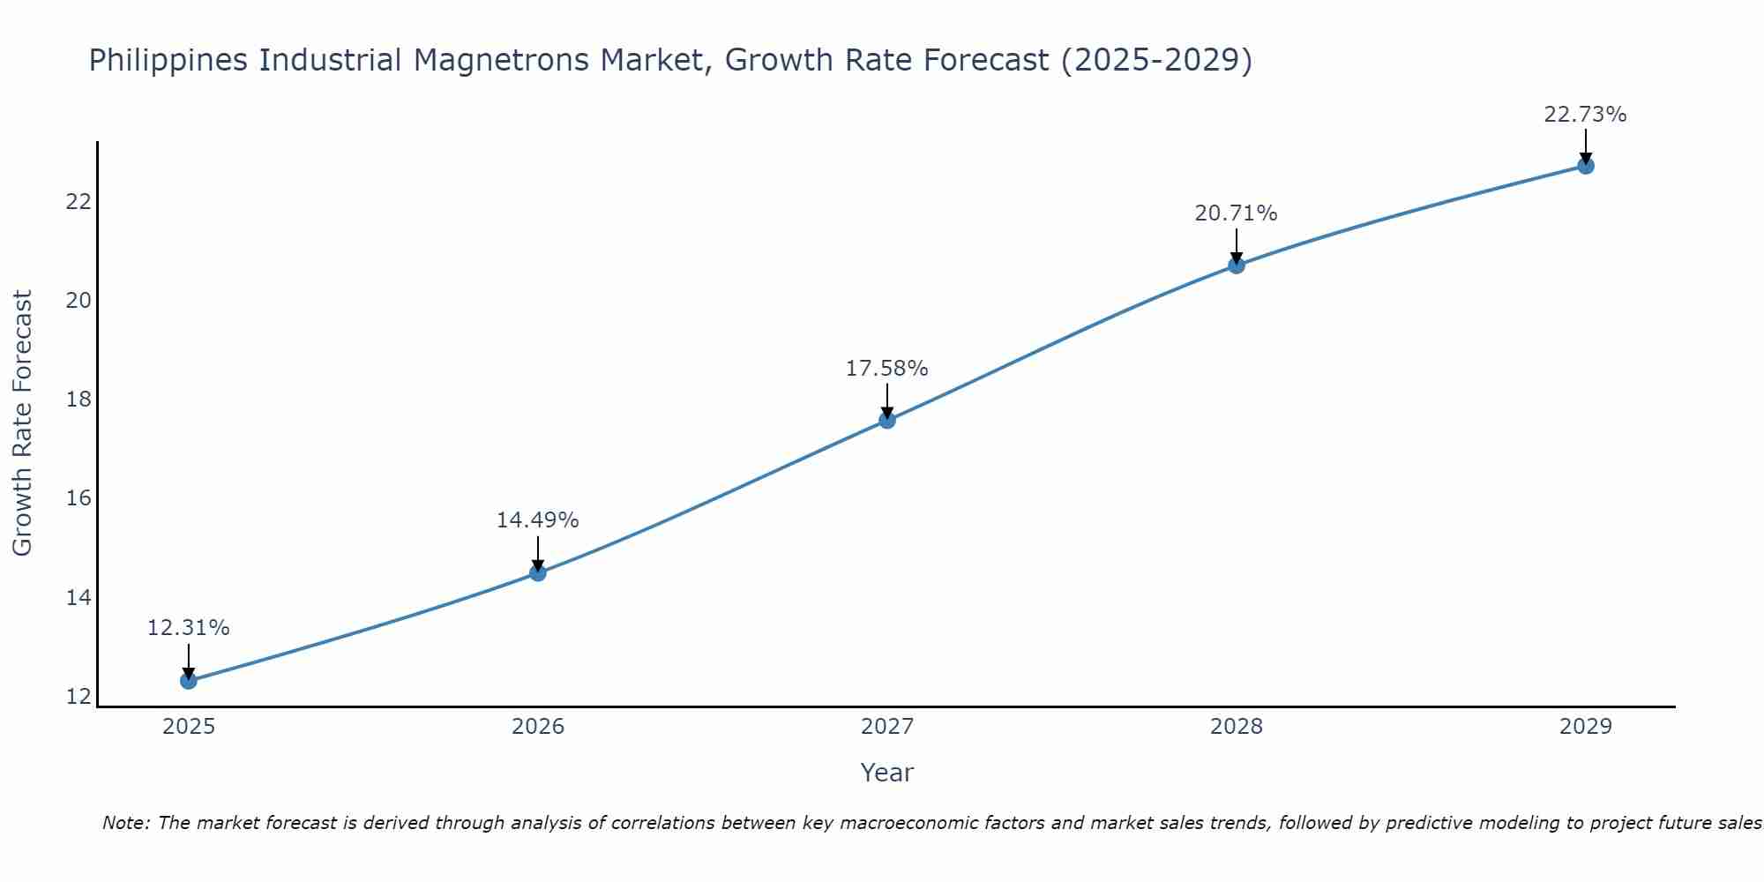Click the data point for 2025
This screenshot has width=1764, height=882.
coord(188,681)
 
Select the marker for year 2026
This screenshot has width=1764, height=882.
coord(538,573)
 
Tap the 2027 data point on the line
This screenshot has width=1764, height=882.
coord(887,421)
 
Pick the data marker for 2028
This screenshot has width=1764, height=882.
coord(1237,265)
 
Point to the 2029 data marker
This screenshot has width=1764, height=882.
coord(1586,166)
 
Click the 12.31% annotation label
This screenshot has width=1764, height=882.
coord(188,628)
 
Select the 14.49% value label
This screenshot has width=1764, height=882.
coord(537,520)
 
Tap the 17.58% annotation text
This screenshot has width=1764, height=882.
coord(886,369)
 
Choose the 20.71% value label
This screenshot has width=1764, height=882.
coord(1236,213)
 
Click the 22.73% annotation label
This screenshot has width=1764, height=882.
coord(1585,115)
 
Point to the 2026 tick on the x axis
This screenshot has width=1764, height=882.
coord(538,727)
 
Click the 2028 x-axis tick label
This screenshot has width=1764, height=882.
coord(1237,727)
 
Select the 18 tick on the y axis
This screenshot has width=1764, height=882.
coord(78,400)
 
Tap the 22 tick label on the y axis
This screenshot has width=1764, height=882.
coord(78,202)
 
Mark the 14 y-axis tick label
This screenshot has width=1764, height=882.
coord(78,598)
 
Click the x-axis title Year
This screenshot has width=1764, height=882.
coord(886,773)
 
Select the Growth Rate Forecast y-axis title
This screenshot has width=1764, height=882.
coord(22,423)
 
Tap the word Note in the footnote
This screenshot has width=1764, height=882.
coord(124,823)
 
